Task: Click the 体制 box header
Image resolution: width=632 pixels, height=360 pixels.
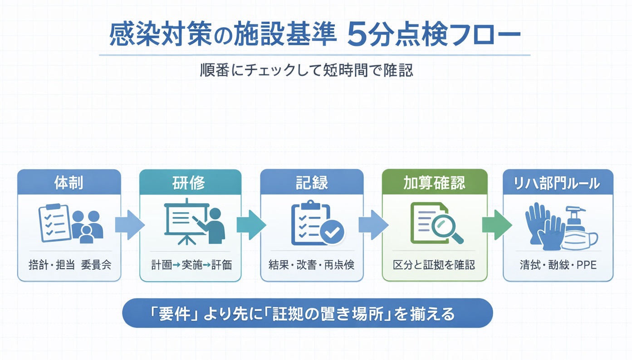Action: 69,182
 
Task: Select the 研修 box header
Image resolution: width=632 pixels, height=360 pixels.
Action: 190,182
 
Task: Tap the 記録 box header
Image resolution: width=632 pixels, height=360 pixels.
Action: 312,182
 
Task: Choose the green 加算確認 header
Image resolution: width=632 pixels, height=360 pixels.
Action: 434,182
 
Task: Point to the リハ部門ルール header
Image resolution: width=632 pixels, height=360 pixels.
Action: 558,182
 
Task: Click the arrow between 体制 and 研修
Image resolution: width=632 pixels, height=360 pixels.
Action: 129,224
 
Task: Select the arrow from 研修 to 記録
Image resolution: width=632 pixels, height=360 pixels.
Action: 250,224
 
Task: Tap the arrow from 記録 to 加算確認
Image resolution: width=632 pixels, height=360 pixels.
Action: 372,224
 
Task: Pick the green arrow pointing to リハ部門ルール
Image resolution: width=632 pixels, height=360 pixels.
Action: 496,224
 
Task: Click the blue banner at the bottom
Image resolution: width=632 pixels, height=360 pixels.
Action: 307,313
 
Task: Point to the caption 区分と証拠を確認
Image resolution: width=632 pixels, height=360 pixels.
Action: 434,265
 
